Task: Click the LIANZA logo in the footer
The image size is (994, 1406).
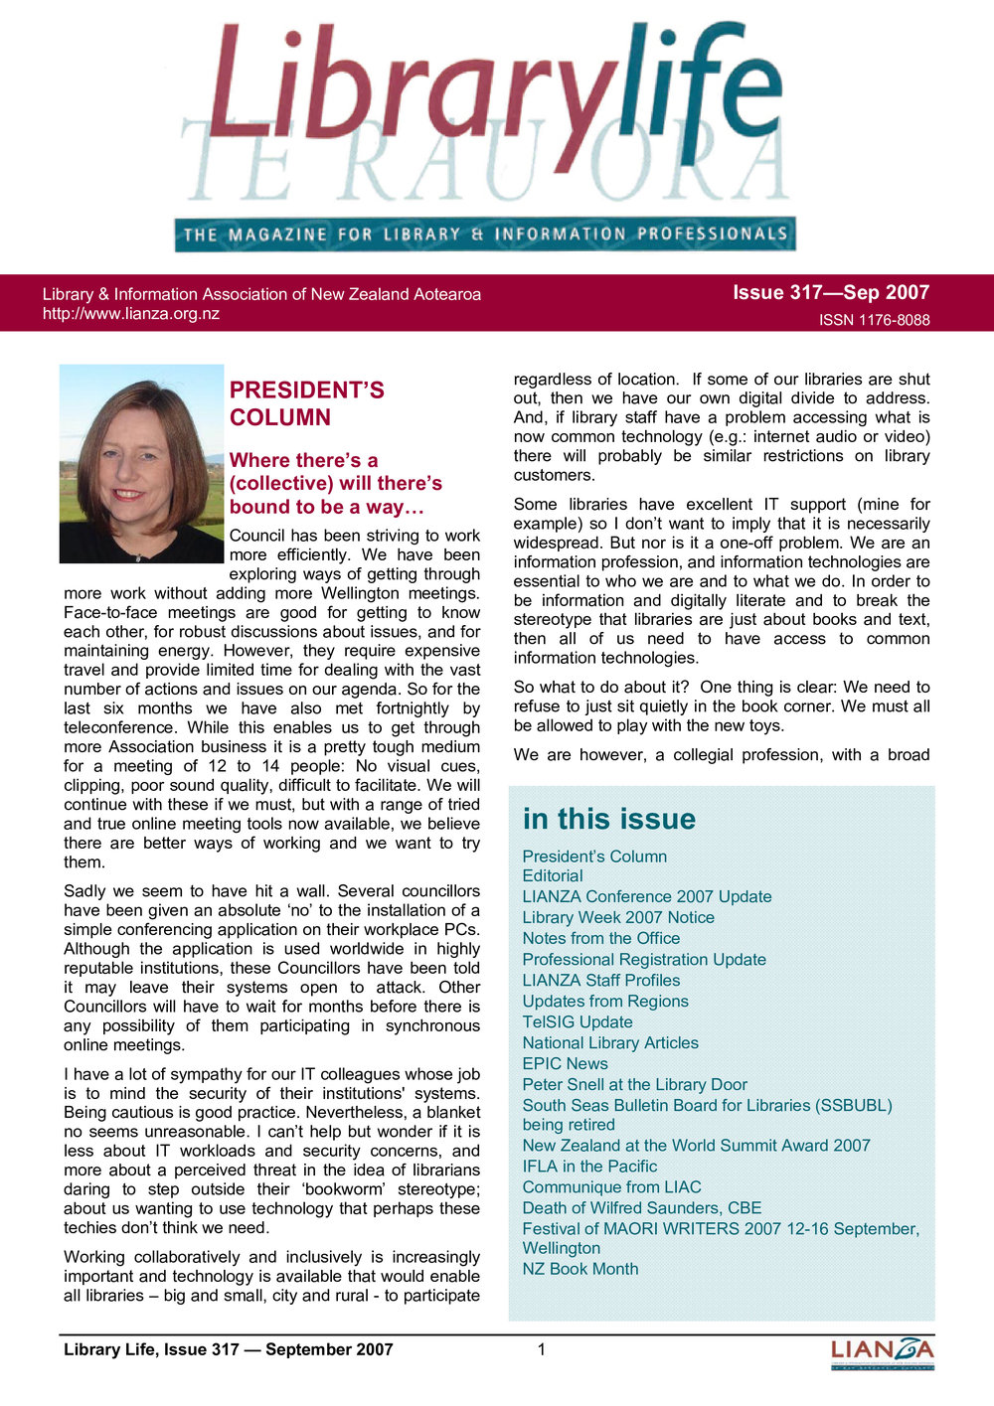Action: [x=882, y=1352]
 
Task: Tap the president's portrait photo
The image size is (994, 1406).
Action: [x=141, y=463]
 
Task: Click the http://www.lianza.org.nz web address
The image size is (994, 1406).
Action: [x=131, y=314]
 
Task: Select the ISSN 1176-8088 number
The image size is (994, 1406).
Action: [x=874, y=320]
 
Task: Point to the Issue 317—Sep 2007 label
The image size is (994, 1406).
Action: [x=830, y=292]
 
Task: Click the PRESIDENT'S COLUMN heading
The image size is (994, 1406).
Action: [x=306, y=403]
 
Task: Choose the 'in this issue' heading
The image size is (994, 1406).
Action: [x=608, y=819]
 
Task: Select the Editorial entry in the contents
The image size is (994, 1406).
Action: [x=553, y=875]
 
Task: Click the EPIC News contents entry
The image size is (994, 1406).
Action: [x=565, y=1063]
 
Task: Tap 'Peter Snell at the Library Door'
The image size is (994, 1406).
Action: [x=634, y=1084]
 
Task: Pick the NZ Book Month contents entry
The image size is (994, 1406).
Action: [x=580, y=1269]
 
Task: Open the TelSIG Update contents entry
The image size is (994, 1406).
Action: [x=578, y=1021]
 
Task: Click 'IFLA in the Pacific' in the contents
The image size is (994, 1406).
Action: [x=589, y=1166]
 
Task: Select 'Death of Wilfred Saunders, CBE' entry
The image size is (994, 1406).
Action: [x=642, y=1207]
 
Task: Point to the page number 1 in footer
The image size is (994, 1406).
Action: [x=541, y=1349]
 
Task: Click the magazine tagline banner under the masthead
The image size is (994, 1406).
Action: [x=485, y=234]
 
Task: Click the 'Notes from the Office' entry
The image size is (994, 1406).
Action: [x=601, y=938]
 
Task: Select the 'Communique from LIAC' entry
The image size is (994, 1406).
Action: [x=611, y=1186]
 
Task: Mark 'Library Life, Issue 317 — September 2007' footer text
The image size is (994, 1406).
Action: [x=229, y=1349]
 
